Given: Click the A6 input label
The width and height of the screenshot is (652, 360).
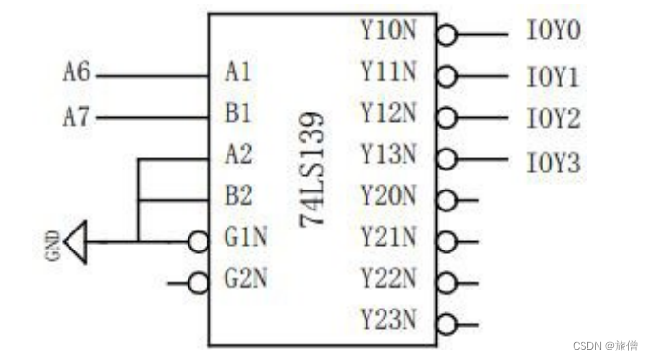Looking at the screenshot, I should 77,72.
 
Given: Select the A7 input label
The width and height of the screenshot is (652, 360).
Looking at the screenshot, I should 77,117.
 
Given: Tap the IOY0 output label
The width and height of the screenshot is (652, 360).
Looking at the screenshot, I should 553,32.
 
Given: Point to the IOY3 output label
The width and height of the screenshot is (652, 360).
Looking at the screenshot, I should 553,164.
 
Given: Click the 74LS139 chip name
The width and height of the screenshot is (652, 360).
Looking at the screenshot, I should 312,170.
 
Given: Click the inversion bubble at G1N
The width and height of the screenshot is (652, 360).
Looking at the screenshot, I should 198,241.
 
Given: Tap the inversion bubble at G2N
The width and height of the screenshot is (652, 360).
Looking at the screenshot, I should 198,283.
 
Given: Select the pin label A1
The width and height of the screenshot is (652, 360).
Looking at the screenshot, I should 239,72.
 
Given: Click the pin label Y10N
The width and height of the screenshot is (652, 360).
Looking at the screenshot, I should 388,30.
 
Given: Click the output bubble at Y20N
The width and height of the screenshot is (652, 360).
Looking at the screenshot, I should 446,200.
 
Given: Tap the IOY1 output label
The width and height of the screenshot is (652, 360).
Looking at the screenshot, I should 553,76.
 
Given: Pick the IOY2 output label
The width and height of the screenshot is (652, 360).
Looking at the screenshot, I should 553,120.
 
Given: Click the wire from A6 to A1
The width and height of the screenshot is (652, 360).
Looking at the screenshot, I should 152,74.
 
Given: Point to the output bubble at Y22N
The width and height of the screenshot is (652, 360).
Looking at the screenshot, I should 446,283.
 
